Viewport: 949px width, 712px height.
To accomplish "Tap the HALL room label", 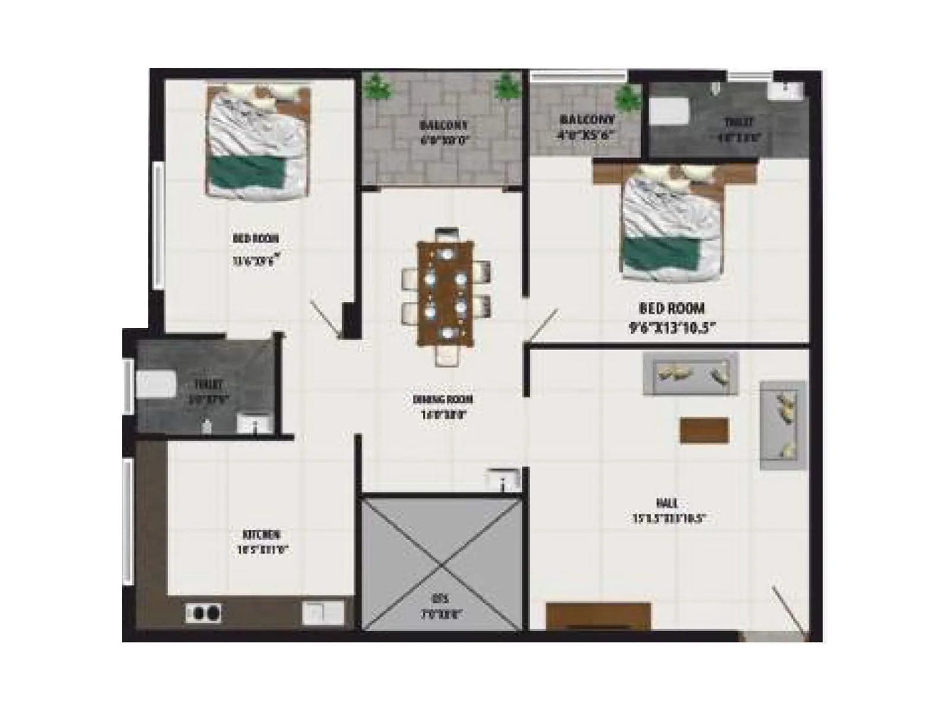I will coord(667,503).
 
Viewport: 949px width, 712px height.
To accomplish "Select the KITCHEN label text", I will coord(262,535).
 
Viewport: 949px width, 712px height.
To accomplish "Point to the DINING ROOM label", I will coord(442,399).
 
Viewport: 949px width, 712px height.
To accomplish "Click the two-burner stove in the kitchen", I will coord(203,612).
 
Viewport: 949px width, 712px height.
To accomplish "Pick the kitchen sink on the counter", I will coord(323,612).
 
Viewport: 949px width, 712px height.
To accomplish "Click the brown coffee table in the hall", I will coord(703,430).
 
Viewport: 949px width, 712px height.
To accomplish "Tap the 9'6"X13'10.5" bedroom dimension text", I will coord(673,328).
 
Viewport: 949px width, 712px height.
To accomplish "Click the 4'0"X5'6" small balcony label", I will coord(585,135).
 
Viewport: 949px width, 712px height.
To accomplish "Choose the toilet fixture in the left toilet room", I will coord(156,384).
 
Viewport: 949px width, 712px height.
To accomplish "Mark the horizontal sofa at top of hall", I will coord(690,373).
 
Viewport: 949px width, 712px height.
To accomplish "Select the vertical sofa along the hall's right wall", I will coord(782,425).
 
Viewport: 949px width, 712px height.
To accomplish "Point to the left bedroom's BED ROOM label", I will coord(256,239).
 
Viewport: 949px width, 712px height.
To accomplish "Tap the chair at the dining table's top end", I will coord(446,233).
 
